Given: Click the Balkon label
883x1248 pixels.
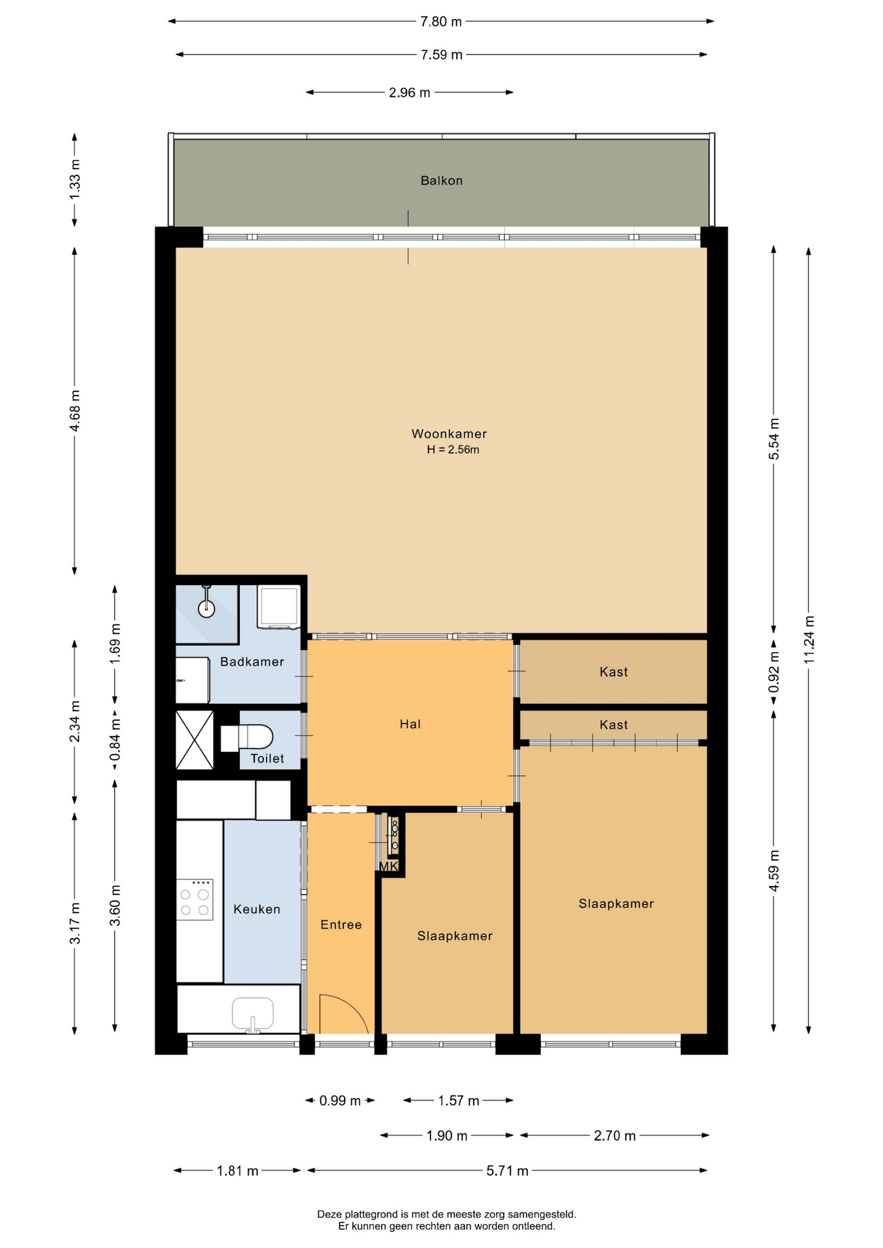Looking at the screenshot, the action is click(441, 181).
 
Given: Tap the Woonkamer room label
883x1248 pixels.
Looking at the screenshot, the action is click(449, 434).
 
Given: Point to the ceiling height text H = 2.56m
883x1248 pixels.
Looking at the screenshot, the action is click(453, 449).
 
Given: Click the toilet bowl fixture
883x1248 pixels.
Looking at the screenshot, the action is click(247, 738).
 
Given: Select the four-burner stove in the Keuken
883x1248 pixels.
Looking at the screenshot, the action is click(194, 900).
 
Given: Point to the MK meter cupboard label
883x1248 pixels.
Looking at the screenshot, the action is click(388, 866).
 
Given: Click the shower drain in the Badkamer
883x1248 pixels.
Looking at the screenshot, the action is click(206, 608).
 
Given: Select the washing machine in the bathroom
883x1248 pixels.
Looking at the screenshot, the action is click(278, 607).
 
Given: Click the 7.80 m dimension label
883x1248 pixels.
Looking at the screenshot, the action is click(441, 21).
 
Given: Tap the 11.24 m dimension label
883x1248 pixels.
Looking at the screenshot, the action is click(808, 640).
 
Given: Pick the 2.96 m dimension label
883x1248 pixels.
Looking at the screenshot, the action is click(410, 92).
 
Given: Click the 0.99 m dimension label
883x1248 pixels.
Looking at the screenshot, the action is click(340, 1100).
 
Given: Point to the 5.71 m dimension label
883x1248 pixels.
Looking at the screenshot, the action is click(507, 1171).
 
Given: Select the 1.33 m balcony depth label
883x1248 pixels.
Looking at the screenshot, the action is click(75, 179).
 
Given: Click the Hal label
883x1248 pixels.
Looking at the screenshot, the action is click(410, 724).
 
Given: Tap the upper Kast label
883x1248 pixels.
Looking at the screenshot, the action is click(613, 671).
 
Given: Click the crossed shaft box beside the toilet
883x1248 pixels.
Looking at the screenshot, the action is click(194, 739).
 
